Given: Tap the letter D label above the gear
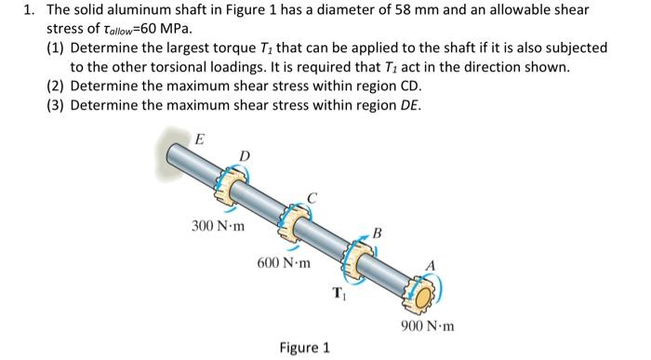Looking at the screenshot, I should (x=244, y=154).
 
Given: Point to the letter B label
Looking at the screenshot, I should (x=377, y=232).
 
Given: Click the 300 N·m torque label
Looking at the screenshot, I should (x=218, y=226).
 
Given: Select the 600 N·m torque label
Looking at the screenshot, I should (x=285, y=264).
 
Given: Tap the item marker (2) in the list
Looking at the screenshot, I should (x=56, y=87).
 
